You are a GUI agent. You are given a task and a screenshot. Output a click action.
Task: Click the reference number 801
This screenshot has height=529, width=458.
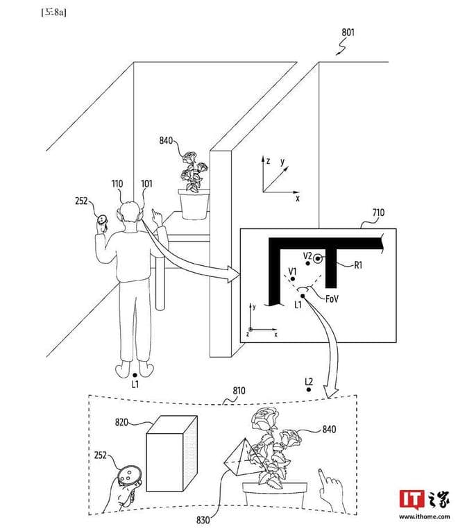[348, 33]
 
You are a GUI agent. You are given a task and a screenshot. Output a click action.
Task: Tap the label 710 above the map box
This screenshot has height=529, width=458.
[378, 212]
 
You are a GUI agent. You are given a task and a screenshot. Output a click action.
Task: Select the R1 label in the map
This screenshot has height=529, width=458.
[358, 265]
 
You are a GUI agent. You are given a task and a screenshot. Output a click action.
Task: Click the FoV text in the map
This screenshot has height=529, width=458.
[332, 299]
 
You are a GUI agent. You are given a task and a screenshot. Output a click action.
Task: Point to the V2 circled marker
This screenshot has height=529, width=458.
[317, 259]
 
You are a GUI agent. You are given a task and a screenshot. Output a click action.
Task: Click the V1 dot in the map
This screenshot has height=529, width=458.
[293, 278]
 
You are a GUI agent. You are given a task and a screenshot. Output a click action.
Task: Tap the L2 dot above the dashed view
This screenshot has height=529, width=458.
[309, 389]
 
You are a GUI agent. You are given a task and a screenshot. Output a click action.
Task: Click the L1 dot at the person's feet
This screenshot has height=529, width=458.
[135, 375]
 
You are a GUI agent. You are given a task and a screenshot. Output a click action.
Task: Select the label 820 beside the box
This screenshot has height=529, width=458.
[121, 422]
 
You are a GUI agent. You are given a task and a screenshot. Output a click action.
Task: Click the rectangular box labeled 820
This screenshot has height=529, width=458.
[171, 454]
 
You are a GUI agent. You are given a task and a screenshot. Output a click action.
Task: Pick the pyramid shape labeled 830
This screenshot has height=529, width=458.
[244, 457]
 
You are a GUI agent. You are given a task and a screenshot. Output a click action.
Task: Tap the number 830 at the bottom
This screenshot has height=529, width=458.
[203, 520]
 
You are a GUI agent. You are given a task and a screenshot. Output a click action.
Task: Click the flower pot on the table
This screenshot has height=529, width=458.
[194, 204]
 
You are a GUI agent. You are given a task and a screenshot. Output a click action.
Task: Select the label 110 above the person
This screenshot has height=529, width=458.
[117, 184]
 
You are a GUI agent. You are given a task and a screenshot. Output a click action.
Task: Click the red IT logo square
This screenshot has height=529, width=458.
[412, 500]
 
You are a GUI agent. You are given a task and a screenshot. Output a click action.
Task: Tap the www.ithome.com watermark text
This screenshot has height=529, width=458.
[424, 517]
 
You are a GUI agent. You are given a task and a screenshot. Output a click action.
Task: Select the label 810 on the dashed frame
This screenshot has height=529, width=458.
[239, 391]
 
